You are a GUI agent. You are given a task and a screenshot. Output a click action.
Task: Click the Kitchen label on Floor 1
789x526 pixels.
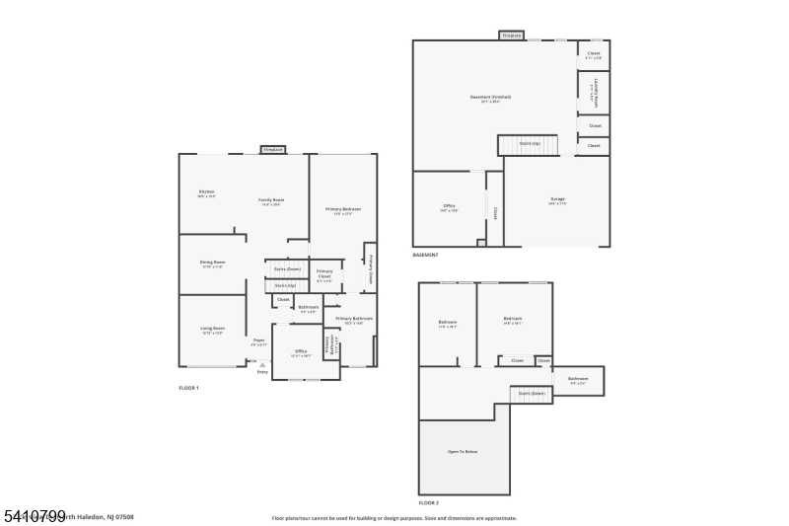tap(206, 192)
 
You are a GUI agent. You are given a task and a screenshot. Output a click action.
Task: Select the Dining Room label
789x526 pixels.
tap(213, 263)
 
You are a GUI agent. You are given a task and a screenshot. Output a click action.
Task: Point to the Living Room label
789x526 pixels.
tap(213, 329)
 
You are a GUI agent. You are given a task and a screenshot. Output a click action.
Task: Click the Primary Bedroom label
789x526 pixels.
tap(343, 210)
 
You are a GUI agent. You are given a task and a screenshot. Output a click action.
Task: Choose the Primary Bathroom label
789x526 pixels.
tap(353, 319)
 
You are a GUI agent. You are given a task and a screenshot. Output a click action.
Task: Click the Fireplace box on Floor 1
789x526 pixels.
tap(273, 150)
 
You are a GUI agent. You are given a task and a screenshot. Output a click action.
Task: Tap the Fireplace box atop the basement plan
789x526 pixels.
tap(511, 36)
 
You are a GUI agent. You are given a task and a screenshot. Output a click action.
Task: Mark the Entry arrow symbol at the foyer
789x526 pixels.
tap(262, 365)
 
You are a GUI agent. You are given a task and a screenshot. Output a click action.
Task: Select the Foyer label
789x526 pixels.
tap(258, 340)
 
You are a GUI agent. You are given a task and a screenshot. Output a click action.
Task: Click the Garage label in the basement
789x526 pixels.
tap(557, 200)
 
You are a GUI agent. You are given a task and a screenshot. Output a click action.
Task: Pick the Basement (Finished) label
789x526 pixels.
tap(490, 98)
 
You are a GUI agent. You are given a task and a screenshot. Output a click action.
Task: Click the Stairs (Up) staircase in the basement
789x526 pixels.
tap(529, 144)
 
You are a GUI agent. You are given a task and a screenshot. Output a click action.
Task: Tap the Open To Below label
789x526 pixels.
tap(464, 452)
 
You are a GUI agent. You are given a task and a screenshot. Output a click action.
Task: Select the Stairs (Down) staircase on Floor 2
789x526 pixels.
tap(531, 393)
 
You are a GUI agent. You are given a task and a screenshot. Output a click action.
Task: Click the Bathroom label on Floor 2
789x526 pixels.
tap(578, 379)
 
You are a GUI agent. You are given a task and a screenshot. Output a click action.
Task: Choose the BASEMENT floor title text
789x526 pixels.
tap(426, 255)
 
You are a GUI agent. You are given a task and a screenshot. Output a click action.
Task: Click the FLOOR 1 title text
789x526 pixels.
tap(188, 388)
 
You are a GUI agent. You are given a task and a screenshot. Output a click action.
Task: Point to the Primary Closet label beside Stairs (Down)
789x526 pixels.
tap(324, 274)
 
